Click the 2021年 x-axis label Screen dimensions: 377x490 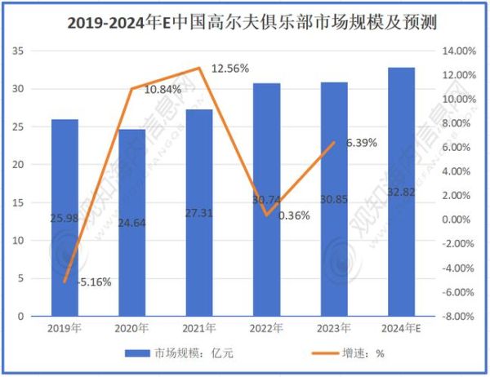coord(198,327)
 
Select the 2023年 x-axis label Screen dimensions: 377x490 coord(333,327)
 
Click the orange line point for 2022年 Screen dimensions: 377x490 coord(266,215)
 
